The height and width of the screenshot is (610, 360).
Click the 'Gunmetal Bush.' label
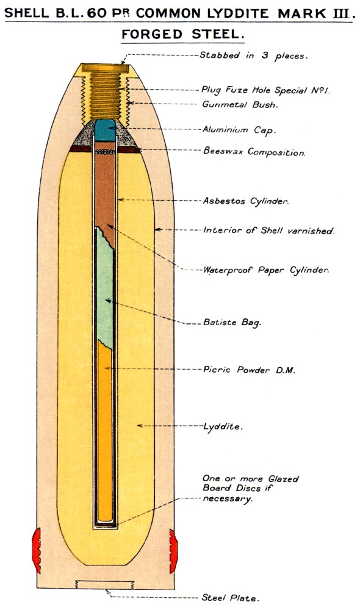pyautogui.click(x=240, y=104)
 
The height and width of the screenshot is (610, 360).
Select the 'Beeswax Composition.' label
pyautogui.click(x=254, y=151)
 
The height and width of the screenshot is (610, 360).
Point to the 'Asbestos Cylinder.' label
pyautogui.click(x=245, y=201)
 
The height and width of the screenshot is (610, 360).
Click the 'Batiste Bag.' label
pyautogui.click(x=232, y=323)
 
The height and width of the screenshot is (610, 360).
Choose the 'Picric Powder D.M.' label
pyautogui.click(x=249, y=370)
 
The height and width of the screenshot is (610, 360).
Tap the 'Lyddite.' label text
pyautogui.click(x=223, y=426)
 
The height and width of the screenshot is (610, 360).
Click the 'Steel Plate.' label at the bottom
pyautogui.click(x=231, y=598)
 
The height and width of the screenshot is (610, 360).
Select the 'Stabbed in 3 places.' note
pyautogui.click(x=254, y=56)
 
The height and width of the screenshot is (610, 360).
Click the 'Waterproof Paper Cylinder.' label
pyautogui.click(x=266, y=270)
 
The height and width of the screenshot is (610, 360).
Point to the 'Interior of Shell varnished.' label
pyautogui.click(x=269, y=231)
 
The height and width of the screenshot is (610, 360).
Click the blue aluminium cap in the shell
pyautogui.click(x=106, y=130)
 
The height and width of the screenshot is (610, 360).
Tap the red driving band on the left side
pyautogui.click(x=37, y=550)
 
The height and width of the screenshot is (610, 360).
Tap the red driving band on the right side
pyautogui.click(x=173, y=551)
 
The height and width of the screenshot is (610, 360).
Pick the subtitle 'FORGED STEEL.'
pyautogui.click(x=183, y=35)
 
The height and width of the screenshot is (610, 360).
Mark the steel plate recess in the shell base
pyautogui.click(x=105, y=585)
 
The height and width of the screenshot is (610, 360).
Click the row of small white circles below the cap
pyautogui.click(x=106, y=151)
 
